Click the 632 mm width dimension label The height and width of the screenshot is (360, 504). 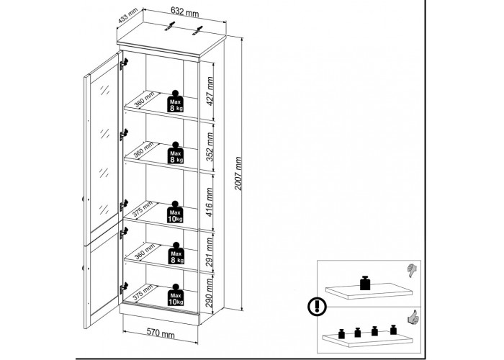pyautogui.click(x=184, y=12)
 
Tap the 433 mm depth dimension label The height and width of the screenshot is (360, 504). pyautogui.click(x=127, y=15)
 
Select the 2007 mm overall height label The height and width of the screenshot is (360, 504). pyautogui.click(x=238, y=174)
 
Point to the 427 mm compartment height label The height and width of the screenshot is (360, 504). pyautogui.click(x=210, y=91)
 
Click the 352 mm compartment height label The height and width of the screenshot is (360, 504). pyautogui.click(x=210, y=147)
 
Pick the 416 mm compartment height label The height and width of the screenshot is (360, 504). pyautogui.click(x=209, y=202)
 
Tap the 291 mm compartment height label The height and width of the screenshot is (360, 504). pyautogui.click(x=210, y=252)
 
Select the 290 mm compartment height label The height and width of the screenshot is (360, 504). pyautogui.click(x=209, y=293)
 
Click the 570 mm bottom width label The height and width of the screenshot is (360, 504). pyautogui.click(x=161, y=333)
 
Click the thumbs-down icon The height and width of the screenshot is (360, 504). pyautogui.click(x=412, y=271)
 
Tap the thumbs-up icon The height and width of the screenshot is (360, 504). pyautogui.click(x=413, y=317)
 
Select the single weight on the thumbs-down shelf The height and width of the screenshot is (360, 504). pyautogui.click(x=365, y=283)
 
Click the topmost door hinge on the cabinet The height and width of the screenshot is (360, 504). pyautogui.click(x=124, y=63)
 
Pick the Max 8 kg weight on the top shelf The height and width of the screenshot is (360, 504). pyautogui.click(x=175, y=102)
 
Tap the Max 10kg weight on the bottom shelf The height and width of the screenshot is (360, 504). pyautogui.click(x=176, y=294)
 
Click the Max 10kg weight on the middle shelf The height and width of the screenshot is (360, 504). pyautogui.click(x=175, y=212)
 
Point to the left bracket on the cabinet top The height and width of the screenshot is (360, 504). pyautogui.click(x=170, y=27)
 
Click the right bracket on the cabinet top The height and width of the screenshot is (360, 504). pyautogui.click(x=198, y=30)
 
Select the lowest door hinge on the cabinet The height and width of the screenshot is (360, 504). pyautogui.click(x=124, y=288)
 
